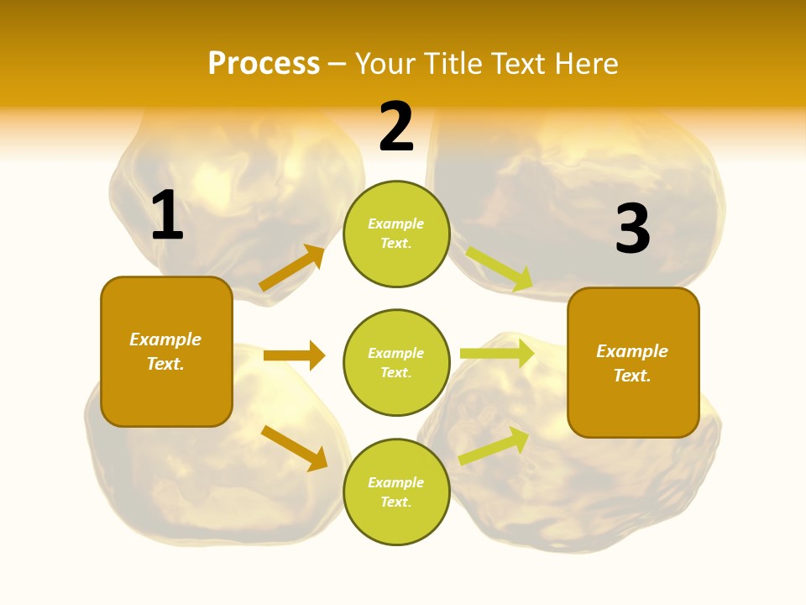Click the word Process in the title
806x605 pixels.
(264, 63)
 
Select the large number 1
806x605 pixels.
(166, 216)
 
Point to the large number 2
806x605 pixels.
(396, 127)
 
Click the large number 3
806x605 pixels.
(632, 229)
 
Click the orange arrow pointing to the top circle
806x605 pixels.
(292, 268)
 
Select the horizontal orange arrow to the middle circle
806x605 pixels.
(294, 355)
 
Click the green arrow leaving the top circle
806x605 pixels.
(500, 269)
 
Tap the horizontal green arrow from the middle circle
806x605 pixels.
(497, 354)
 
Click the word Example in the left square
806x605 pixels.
(165, 339)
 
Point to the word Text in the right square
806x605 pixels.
(631, 376)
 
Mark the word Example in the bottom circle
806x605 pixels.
(396, 482)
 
